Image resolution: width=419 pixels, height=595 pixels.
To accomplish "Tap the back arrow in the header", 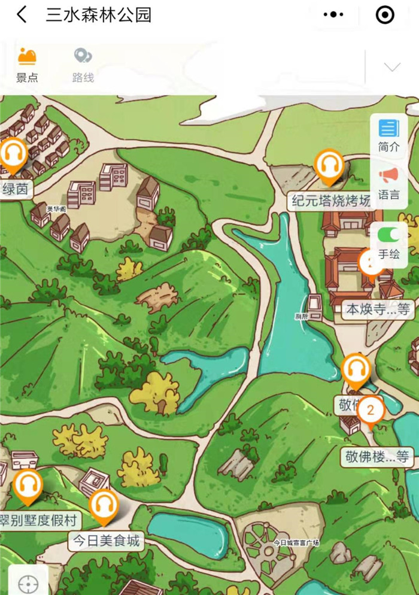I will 22,15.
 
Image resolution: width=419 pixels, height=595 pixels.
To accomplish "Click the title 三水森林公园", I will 99,15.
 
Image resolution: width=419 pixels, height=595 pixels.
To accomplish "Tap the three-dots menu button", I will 333,15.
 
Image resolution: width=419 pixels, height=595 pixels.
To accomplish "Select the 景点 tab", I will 26,65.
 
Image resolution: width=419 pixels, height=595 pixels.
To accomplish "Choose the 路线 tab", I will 83,65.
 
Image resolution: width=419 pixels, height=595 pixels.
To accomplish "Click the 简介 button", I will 388,135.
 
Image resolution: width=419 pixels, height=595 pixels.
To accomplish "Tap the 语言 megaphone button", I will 388,183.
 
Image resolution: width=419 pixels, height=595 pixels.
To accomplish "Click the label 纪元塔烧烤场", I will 331,201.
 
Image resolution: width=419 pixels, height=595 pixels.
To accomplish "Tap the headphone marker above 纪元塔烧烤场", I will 329,165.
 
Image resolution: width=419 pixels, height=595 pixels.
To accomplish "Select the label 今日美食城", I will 107,541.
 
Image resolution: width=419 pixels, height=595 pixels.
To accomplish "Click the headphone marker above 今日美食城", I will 104,506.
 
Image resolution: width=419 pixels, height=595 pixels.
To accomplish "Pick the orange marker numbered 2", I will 371,411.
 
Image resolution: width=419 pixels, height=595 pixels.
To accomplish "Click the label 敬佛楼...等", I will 378,457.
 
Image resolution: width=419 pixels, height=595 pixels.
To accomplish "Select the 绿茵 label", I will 16,189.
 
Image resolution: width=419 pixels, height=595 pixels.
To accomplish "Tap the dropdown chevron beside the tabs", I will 392,66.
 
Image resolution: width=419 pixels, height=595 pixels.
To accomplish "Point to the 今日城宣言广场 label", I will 296,543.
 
